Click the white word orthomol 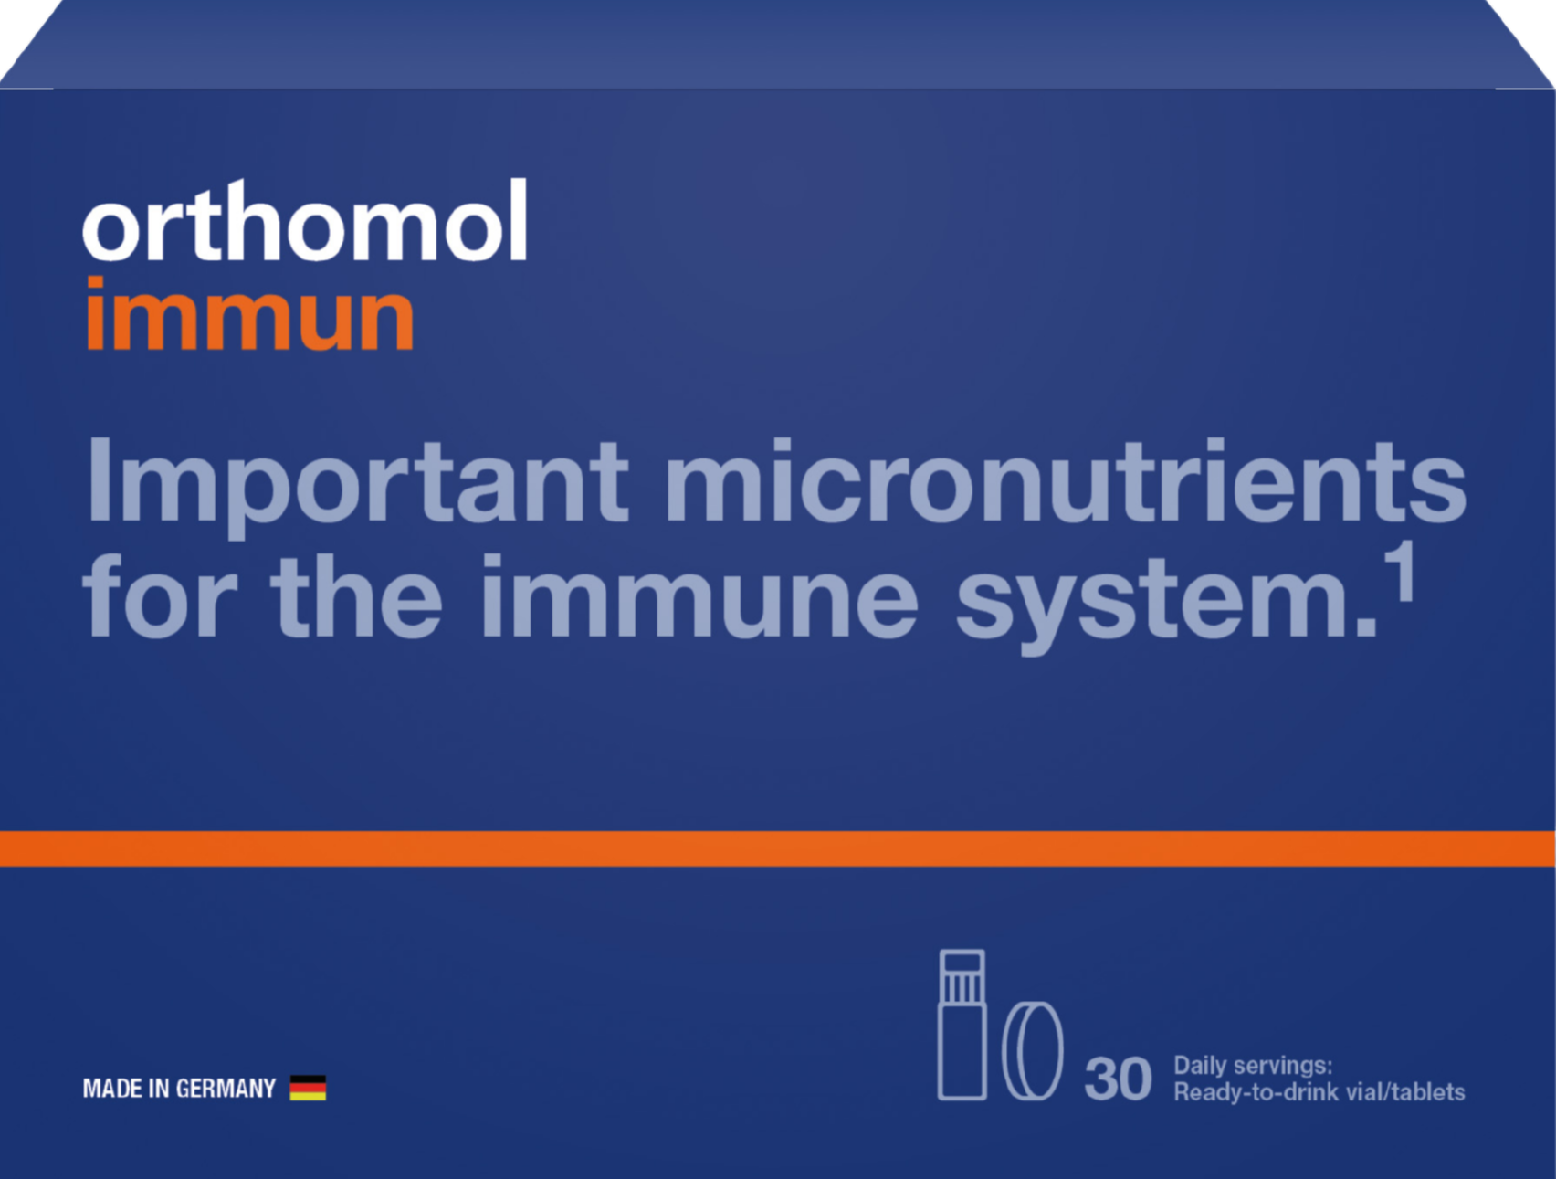click(x=305, y=220)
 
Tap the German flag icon click(x=308, y=1088)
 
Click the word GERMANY click(x=226, y=1089)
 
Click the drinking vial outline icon click(x=962, y=1025)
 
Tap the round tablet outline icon click(x=1033, y=1050)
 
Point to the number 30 click(x=1118, y=1079)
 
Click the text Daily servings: click(x=1253, y=1065)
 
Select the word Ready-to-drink click(x=1245, y=1092)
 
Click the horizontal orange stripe click(x=778, y=848)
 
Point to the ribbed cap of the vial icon click(x=962, y=976)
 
